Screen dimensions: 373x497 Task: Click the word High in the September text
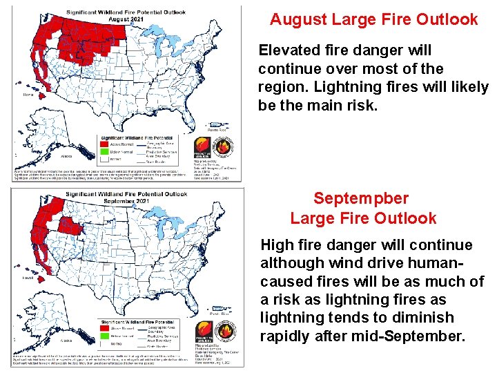point(276,245)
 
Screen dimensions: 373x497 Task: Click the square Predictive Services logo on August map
point(202,147)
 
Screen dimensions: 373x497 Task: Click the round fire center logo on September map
point(224,330)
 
